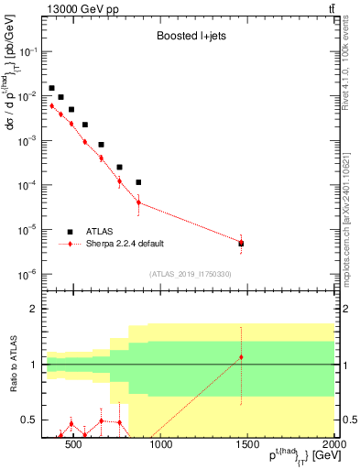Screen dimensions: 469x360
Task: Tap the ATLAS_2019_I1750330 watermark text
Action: pos(190,274)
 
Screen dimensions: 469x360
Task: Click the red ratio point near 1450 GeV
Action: pos(241,357)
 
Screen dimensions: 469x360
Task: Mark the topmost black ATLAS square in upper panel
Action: pos(52,88)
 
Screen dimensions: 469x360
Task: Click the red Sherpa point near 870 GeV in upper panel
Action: pos(138,202)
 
